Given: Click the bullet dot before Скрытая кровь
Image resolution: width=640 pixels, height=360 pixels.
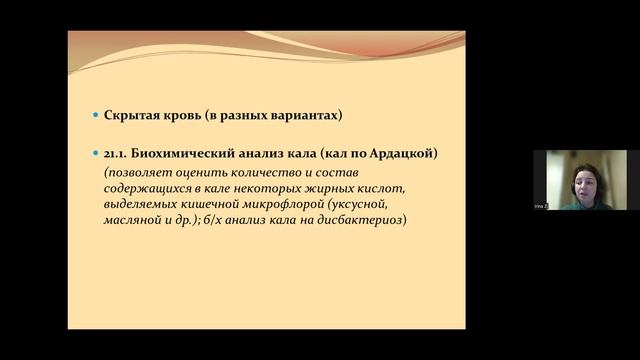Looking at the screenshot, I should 95,116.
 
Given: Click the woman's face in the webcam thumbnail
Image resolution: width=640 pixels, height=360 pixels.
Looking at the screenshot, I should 580,180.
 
